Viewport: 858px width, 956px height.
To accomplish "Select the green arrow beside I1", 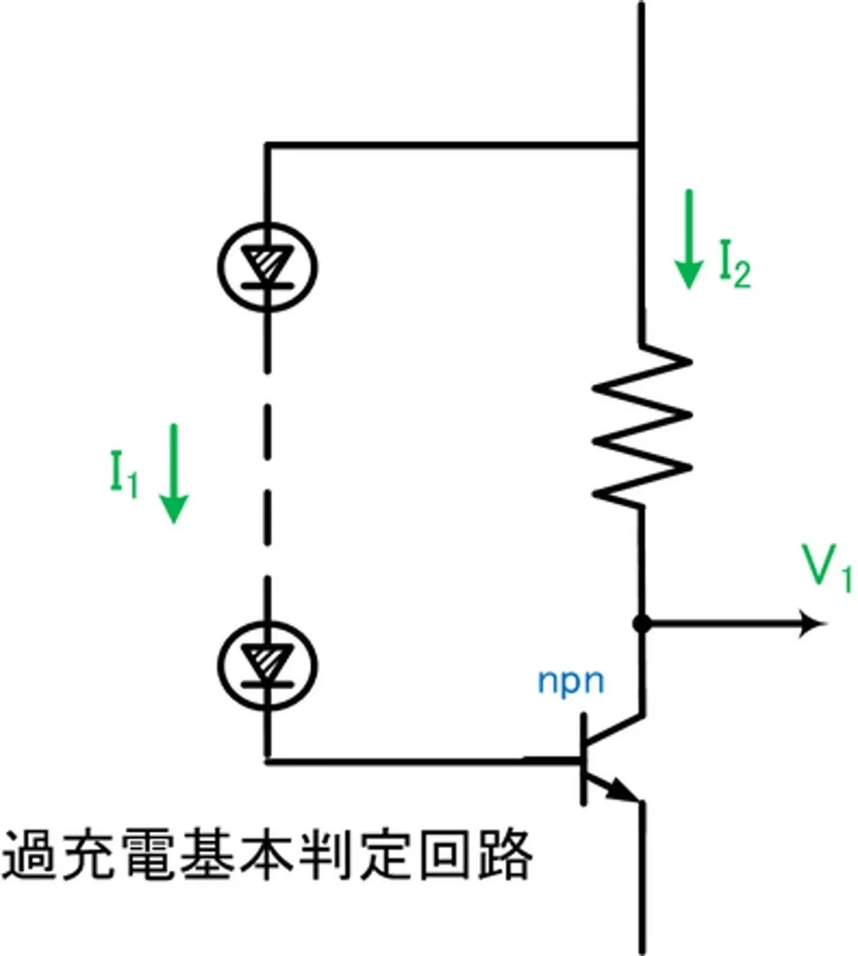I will (x=174, y=473).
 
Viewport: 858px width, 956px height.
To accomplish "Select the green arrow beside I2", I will (x=689, y=239).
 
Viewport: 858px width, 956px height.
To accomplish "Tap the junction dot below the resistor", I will (x=642, y=623).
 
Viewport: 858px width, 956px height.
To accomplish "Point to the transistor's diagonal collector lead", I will (x=616, y=730).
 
